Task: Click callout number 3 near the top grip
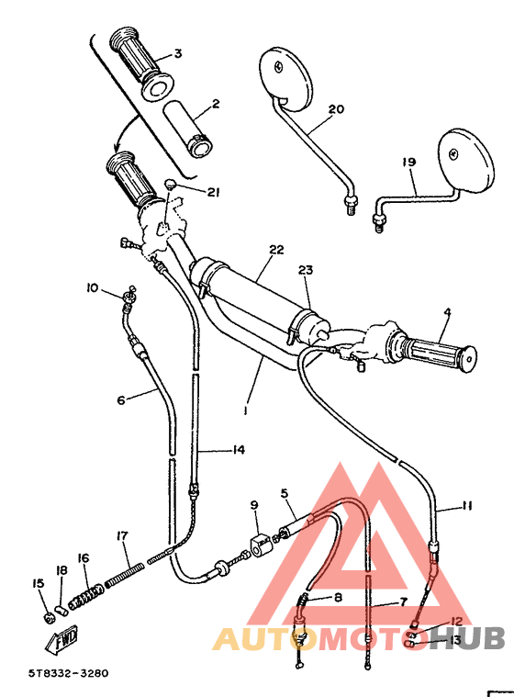[x=178, y=53]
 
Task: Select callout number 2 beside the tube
[x=215, y=105]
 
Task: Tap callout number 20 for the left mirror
[x=335, y=109]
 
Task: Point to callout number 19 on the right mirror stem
[x=408, y=162]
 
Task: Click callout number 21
[x=214, y=192]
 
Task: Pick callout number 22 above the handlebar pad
[x=275, y=249]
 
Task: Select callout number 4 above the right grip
[x=447, y=312]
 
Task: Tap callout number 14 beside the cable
[x=239, y=450]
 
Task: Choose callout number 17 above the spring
[x=121, y=535]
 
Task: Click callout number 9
[x=255, y=504]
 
